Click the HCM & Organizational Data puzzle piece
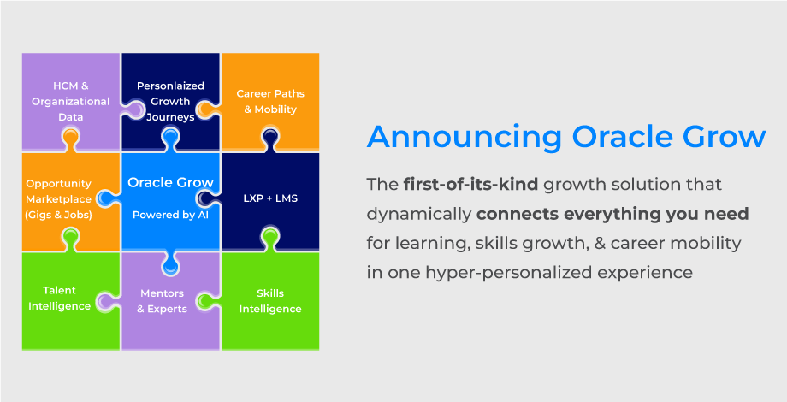(x=71, y=101)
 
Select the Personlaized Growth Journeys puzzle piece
(x=171, y=100)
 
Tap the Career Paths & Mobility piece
(x=270, y=101)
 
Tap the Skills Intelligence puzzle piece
(x=270, y=300)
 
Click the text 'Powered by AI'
(x=170, y=215)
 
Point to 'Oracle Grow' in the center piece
(x=170, y=181)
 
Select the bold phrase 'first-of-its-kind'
(x=470, y=184)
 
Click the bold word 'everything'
(x=627, y=213)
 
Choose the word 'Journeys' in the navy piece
(x=171, y=116)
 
